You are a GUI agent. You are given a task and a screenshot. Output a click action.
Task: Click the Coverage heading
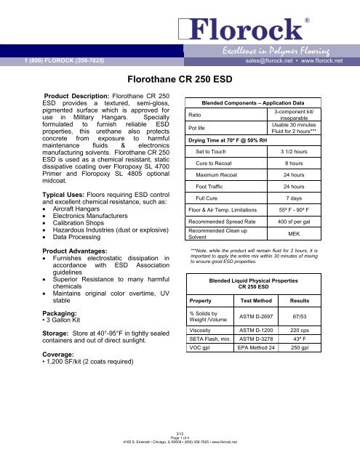point(31,395)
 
